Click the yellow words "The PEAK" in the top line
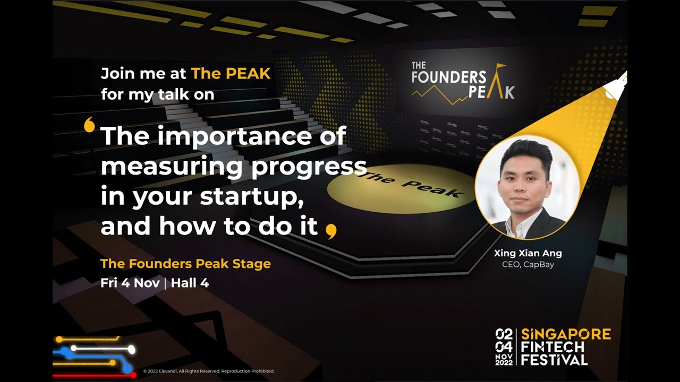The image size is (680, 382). [231, 73]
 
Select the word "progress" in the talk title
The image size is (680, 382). [308, 167]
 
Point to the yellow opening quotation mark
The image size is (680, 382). [89, 125]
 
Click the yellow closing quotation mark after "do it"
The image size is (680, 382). [331, 231]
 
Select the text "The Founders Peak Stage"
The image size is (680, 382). [185, 264]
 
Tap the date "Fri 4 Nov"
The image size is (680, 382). [130, 283]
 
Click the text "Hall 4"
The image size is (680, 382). [190, 283]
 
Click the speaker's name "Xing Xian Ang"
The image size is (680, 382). [528, 253]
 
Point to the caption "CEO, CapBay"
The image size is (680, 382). [528, 264]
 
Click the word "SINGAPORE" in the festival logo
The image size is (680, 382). [566, 334]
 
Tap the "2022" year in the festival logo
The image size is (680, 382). [504, 362]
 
